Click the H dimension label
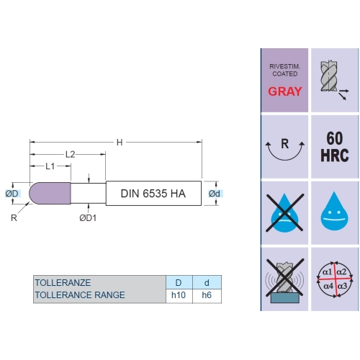tap(120, 143)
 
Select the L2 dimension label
tap(71, 154)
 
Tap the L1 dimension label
tap(50, 166)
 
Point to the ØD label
tap(12, 194)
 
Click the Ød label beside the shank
tap(215, 194)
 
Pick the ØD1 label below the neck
tap(88, 218)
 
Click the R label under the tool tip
tap(14, 218)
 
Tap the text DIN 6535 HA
tap(153, 194)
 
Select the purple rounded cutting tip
tap(50, 193)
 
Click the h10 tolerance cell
tap(179, 295)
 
